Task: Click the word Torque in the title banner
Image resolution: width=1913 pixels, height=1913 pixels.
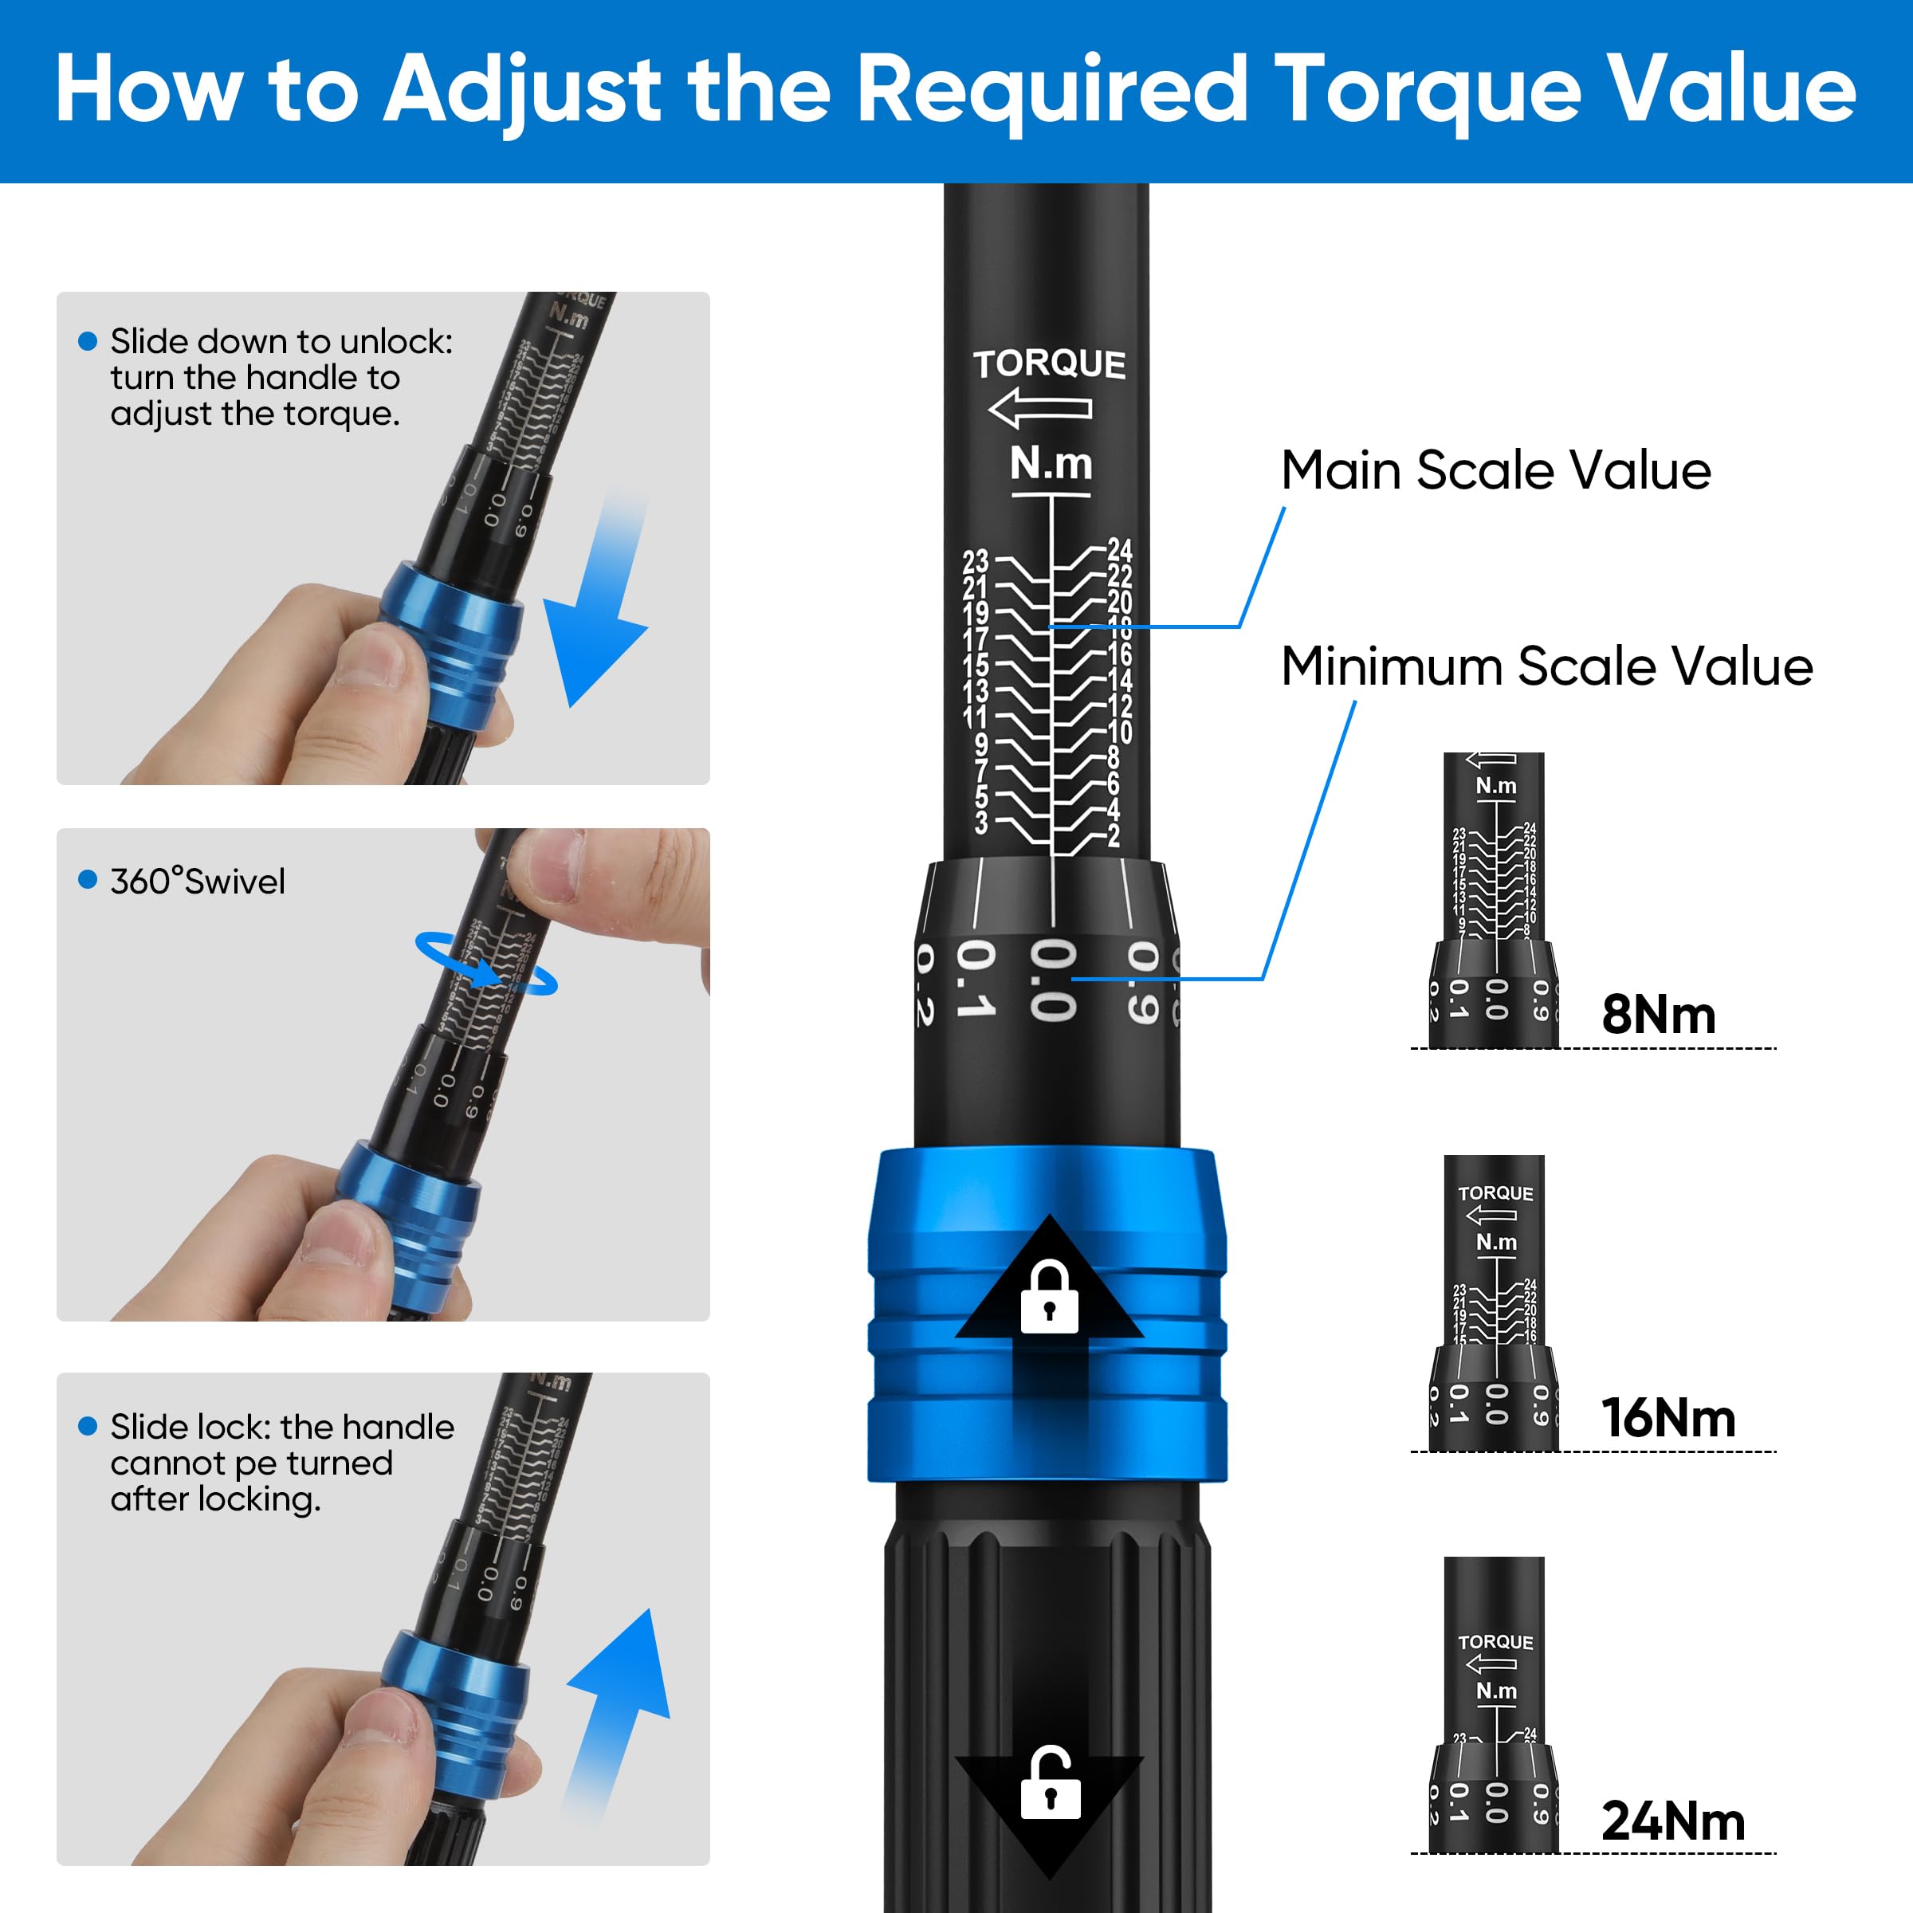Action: [1427, 91]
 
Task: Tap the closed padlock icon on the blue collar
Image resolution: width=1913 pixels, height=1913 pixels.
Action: [1049, 1297]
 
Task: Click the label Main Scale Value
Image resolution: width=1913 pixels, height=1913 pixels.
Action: [1495, 470]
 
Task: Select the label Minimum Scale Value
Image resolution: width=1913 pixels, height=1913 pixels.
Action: [1546, 666]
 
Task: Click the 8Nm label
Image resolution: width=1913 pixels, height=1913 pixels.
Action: [1659, 1015]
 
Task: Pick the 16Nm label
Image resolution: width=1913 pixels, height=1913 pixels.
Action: [1668, 1418]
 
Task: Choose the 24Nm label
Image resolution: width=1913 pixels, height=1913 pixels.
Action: [1672, 1821]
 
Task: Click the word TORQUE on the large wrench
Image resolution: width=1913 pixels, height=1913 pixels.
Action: [1049, 364]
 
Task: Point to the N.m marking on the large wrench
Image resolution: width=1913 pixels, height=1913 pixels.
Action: [1051, 463]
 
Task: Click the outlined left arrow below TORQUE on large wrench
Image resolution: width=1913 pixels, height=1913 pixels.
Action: [1039, 408]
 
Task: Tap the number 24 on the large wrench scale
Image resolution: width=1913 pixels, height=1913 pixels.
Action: [1119, 549]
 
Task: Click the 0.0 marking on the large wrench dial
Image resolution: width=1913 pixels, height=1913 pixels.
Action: [1052, 980]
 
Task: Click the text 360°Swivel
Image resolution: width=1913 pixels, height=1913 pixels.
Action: [197, 882]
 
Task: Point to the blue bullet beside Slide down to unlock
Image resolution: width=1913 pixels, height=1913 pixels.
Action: [87, 342]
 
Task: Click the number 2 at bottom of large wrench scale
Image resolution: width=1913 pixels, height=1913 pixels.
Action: [1114, 835]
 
